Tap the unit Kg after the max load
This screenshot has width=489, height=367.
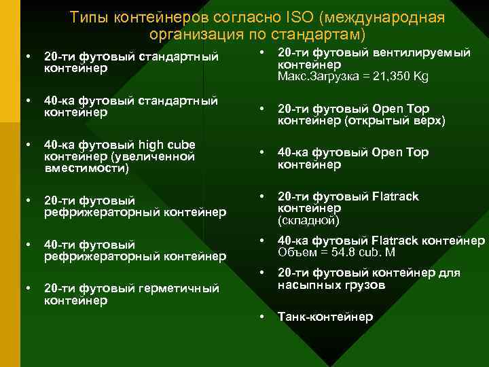click(x=420, y=77)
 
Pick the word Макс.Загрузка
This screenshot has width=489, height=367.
click(x=314, y=77)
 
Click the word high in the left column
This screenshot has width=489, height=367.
click(x=153, y=145)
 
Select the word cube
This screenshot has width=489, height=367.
click(x=182, y=145)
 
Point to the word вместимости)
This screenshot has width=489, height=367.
click(x=86, y=168)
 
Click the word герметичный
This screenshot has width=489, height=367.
click(x=179, y=288)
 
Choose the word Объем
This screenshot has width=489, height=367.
click(x=296, y=252)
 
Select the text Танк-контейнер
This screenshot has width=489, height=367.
click(x=325, y=317)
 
